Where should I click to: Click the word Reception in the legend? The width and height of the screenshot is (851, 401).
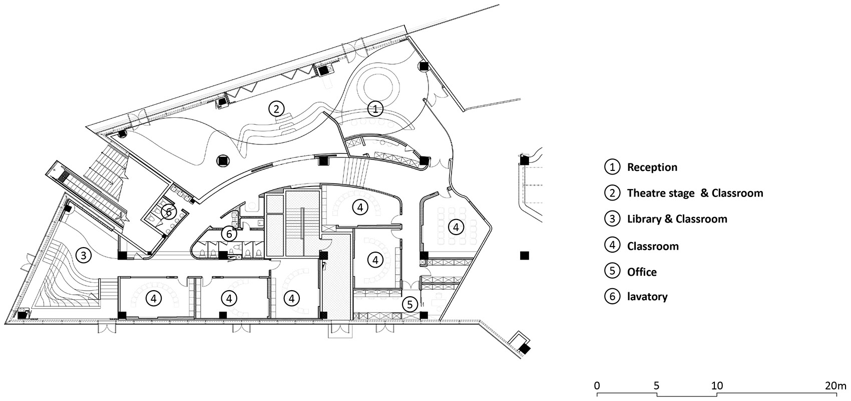tap(652, 167)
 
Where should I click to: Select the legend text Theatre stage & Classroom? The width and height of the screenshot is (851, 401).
tap(695, 193)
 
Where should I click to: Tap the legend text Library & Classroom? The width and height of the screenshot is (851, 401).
tap(677, 219)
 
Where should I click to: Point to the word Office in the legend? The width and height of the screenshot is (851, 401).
tap(642, 272)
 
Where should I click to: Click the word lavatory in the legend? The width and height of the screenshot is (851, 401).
tap(647, 296)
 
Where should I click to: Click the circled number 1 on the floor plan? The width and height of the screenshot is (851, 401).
tap(375, 109)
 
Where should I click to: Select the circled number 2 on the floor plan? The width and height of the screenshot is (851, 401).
tap(276, 109)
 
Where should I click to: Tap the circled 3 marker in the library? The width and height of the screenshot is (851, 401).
tap(84, 255)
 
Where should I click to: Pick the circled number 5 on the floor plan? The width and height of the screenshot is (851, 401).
tap(409, 304)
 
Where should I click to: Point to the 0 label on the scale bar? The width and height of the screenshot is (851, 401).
tap(597, 386)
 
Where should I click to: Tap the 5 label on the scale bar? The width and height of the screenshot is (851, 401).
tap(656, 386)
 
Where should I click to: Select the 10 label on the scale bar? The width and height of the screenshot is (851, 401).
tap(717, 386)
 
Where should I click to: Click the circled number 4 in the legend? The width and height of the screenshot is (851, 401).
tap(612, 246)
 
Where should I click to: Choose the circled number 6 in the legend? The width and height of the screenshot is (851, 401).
tap(612, 296)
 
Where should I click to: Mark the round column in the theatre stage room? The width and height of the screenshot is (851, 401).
tap(223, 161)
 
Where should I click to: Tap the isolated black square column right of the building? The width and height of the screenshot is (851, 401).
tap(524, 256)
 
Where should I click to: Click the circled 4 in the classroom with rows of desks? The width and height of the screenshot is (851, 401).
tap(456, 227)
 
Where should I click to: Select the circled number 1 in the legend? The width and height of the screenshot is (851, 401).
tap(612, 167)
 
